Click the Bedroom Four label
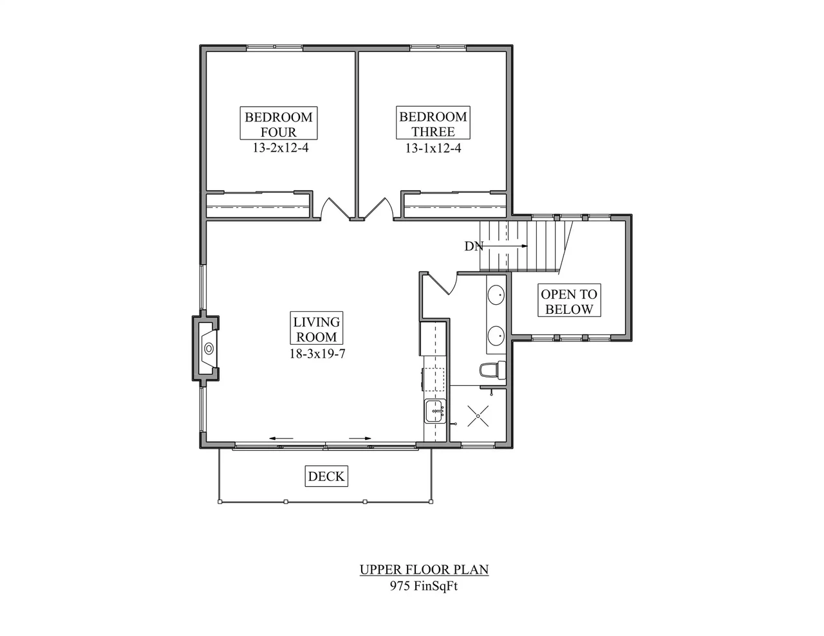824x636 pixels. [279, 123]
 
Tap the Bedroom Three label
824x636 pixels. [433, 123]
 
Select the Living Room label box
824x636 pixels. [317, 328]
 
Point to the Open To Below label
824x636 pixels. [569, 300]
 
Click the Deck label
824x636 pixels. [326, 476]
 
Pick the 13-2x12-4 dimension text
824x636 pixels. [281, 148]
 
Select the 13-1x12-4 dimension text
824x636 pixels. [433, 148]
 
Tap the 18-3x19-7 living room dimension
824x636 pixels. [317, 354]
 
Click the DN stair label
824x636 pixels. [474, 246]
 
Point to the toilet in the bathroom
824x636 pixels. [492, 370]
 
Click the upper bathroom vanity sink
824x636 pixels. [496, 295]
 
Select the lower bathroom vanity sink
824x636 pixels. [496, 336]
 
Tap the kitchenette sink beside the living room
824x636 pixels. [435, 412]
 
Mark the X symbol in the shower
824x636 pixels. [478, 416]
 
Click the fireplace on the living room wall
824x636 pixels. [205, 349]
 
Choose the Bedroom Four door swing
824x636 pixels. [335, 209]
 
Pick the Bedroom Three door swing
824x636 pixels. [379, 209]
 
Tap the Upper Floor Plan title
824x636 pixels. [424, 570]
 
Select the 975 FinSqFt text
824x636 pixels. [424, 586]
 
